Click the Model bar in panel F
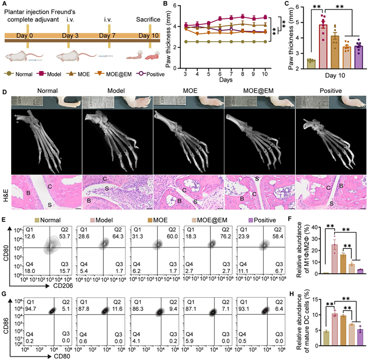[x=319, y=253]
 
